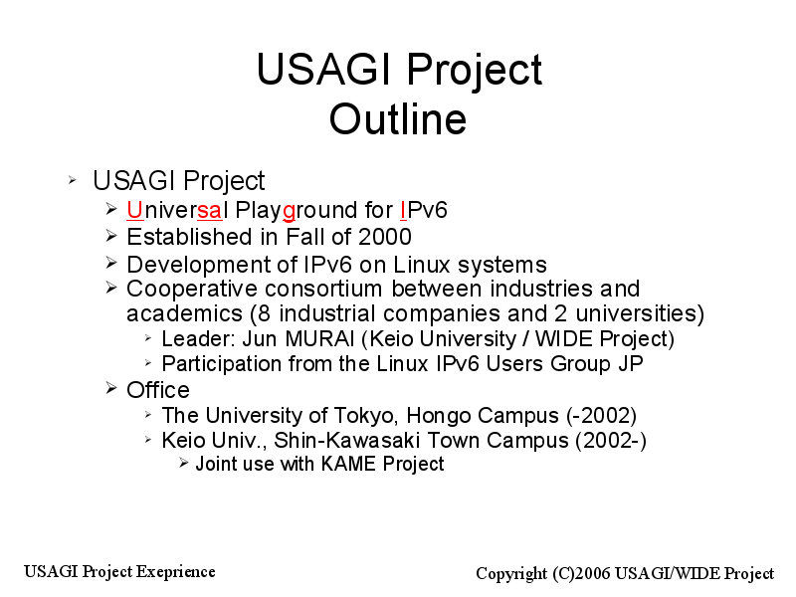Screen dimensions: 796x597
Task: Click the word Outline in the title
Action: (x=397, y=118)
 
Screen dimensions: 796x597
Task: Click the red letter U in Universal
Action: (x=135, y=210)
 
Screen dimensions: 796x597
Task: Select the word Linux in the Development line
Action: (x=422, y=265)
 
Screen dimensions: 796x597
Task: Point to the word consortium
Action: (x=323, y=289)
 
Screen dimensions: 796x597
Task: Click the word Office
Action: (x=158, y=390)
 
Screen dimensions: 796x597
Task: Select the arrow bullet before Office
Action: (x=111, y=389)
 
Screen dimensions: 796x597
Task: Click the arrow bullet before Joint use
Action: (x=184, y=463)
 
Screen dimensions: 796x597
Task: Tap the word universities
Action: (x=640, y=313)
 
